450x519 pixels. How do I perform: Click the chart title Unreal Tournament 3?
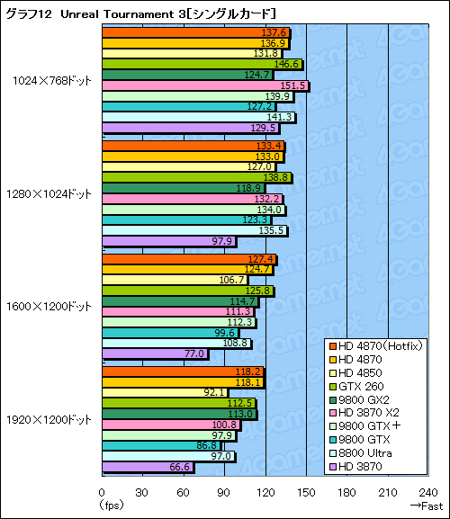click(139, 13)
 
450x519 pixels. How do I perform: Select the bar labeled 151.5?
click(205, 85)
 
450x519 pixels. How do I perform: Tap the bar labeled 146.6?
click(202, 64)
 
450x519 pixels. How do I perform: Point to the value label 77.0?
click(194, 353)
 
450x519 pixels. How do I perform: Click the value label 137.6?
click(273, 31)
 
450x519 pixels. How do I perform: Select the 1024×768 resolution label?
click(51, 80)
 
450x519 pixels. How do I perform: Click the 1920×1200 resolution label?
click(51, 419)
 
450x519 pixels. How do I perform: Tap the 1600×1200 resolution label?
click(51, 306)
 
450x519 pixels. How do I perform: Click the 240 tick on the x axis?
click(427, 491)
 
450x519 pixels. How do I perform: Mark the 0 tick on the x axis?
click(102, 491)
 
